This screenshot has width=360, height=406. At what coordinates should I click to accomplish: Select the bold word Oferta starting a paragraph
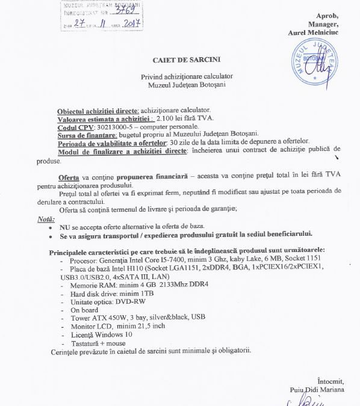tap(69, 179)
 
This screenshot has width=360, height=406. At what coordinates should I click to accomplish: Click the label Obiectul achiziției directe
tap(98, 111)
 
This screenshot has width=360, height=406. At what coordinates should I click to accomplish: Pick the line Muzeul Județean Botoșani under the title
tap(184, 85)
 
